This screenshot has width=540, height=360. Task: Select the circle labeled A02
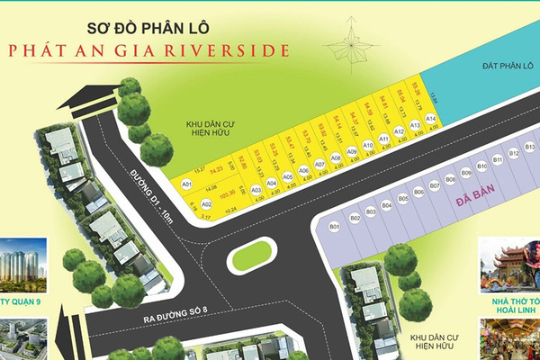tap(206, 205)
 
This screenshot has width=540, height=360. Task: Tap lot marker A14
tap(431, 118)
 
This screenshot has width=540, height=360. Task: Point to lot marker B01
tap(334, 226)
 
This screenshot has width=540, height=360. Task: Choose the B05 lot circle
tap(403, 197)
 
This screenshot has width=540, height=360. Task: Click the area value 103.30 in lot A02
tap(228, 193)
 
